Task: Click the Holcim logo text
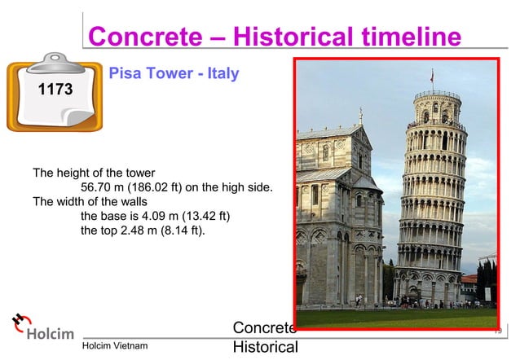(51, 334)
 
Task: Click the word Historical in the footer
(265, 348)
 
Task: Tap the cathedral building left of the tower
(338, 220)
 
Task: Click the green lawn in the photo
(391, 318)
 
